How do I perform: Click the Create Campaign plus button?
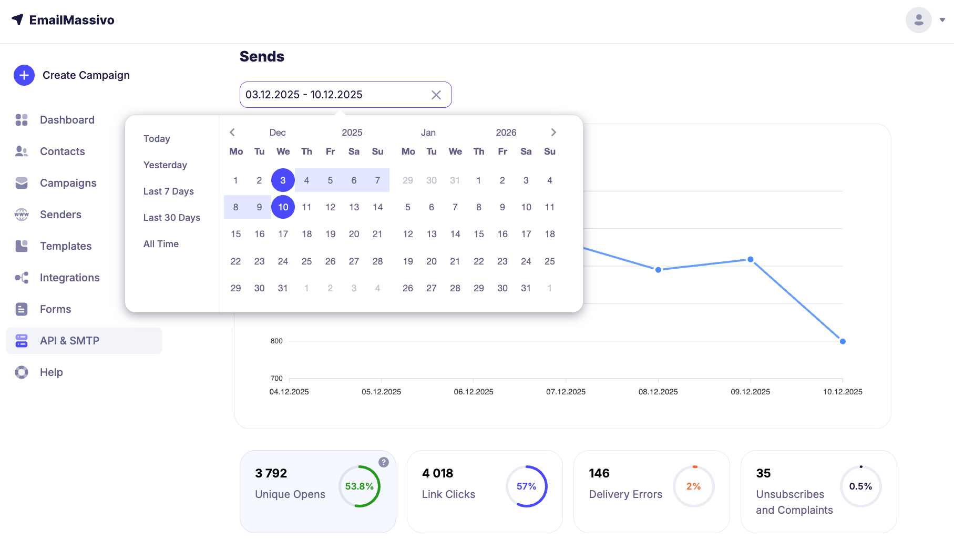pyautogui.click(x=24, y=75)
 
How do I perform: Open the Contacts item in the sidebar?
pyautogui.click(x=62, y=151)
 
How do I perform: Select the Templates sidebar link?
pyautogui.click(x=65, y=246)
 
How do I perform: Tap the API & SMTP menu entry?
pyautogui.click(x=69, y=341)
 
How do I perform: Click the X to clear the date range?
pyautogui.click(x=436, y=95)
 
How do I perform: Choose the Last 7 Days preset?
pyautogui.click(x=168, y=191)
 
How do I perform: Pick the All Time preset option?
pyautogui.click(x=161, y=244)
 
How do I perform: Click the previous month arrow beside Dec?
pyautogui.click(x=232, y=133)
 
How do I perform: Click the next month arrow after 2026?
pyautogui.click(x=553, y=133)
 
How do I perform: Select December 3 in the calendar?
pyautogui.click(x=283, y=180)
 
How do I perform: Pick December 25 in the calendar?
pyautogui.click(x=306, y=261)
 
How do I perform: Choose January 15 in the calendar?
pyautogui.click(x=479, y=234)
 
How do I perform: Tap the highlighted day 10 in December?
pyautogui.click(x=283, y=207)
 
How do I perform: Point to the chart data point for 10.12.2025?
pyautogui.click(x=843, y=341)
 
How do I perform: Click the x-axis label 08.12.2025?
pyautogui.click(x=658, y=392)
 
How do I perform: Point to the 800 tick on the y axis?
pyautogui.click(x=276, y=341)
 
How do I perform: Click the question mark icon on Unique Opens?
pyautogui.click(x=384, y=462)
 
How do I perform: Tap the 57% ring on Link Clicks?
pyautogui.click(x=526, y=486)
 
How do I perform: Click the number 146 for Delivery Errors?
pyautogui.click(x=599, y=473)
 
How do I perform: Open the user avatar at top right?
pyautogui.click(x=918, y=20)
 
